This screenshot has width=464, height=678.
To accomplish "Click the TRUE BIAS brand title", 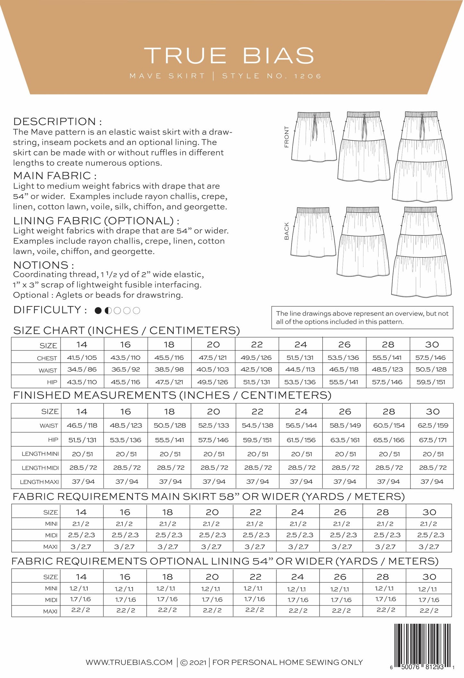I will pyautogui.click(x=229, y=56).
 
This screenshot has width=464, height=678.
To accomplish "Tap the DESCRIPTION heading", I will pyautogui.click(x=57, y=121).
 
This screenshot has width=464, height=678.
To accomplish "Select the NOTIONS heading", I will pyautogui.click(x=44, y=265).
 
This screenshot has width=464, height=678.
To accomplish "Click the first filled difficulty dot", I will pyautogui.click(x=98, y=311).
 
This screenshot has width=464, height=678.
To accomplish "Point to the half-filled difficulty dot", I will pyautogui.click(x=108, y=311).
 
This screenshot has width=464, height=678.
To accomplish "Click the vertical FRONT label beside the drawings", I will pyautogui.click(x=286, y=137).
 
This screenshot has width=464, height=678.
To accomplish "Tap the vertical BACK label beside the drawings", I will pyautogui.click(x=286, y=231).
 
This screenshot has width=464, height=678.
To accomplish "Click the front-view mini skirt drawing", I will pyautogui.click(x=314, y=136).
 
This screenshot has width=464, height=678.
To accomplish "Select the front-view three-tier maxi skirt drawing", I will pyautogui.click(x=422, y=156).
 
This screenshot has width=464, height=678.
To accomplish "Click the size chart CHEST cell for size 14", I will pyautogui.click(x=82, y=357).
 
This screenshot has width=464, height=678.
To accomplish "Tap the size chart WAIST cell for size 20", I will pyautogui.click(x=213, y=369).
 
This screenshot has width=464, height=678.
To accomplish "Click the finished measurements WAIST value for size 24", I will pyautogui.click(x=301, y=425).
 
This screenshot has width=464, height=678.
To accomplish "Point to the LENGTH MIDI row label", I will pyautogui.click(x=40, y=468).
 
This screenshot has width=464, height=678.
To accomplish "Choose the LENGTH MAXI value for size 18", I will pyautogui.click(x=170, y=481).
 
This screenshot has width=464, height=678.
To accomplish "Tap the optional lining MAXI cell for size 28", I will pyautogui.click(x=385, y=610).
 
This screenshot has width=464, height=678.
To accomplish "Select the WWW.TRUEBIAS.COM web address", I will pyautogui.click(x=129, y=662).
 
